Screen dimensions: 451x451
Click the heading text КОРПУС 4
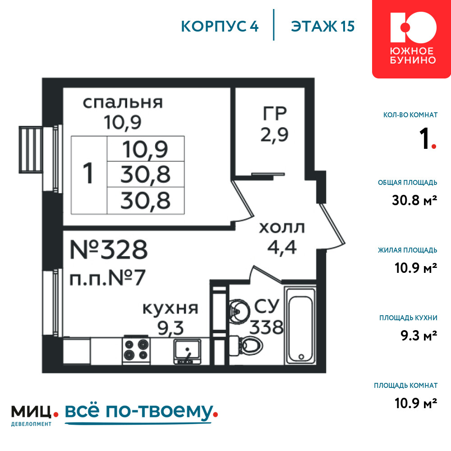[220, 26]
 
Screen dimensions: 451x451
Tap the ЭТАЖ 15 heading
[323, 26]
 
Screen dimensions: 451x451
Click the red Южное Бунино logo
[412, 38]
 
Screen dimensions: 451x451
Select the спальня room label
[123, 103]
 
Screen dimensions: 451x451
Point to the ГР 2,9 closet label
[275, 124]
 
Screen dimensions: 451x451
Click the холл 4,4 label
[282, 238]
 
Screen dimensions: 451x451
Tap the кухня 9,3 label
[170, 319]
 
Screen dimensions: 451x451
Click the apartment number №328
[109, 250]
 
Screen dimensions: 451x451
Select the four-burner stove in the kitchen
[136, 350]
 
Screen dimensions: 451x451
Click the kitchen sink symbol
[187, 351]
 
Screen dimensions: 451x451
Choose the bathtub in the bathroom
[300, 325]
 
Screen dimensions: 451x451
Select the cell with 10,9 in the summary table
[146, 149]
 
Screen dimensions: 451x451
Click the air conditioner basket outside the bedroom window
[31, 150]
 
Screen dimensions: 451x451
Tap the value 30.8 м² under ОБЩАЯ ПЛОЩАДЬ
[414, 200]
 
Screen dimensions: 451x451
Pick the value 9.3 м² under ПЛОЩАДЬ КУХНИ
[419, 336]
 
